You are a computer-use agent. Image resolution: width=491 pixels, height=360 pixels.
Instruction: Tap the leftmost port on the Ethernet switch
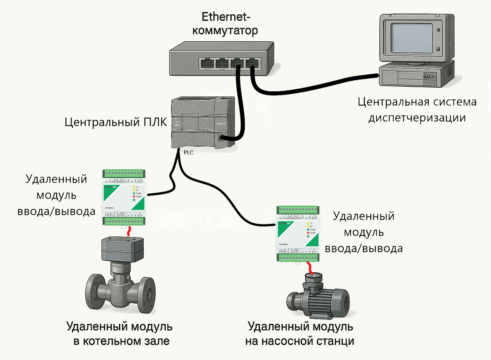coord(207,64)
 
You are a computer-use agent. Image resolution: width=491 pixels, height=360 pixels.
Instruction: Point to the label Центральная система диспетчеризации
coord(417,110)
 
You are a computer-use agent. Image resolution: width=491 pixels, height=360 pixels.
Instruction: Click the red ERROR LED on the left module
coord(134,197)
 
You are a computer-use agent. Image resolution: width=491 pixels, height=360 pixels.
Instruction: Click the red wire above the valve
coord(130,231)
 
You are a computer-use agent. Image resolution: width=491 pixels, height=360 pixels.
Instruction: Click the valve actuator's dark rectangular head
coord(122,248)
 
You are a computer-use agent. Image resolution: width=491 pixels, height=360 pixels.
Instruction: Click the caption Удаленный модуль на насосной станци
coord(301,334)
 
